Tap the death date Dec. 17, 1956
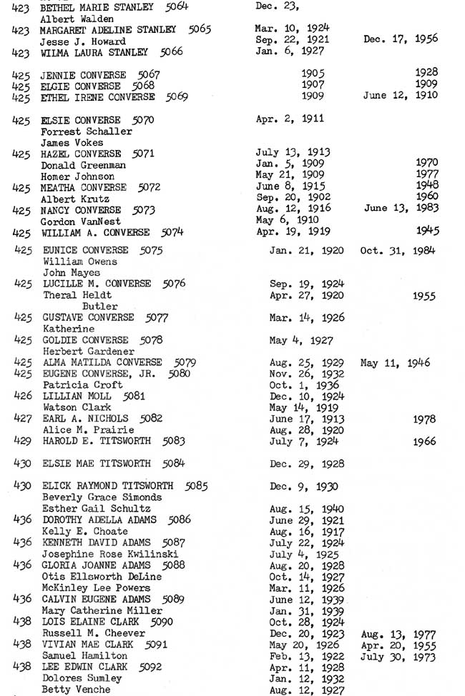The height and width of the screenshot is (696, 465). click(401, 39)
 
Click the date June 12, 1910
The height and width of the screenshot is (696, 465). click(401, 95)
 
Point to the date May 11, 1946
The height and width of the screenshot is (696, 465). click(396, 362)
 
